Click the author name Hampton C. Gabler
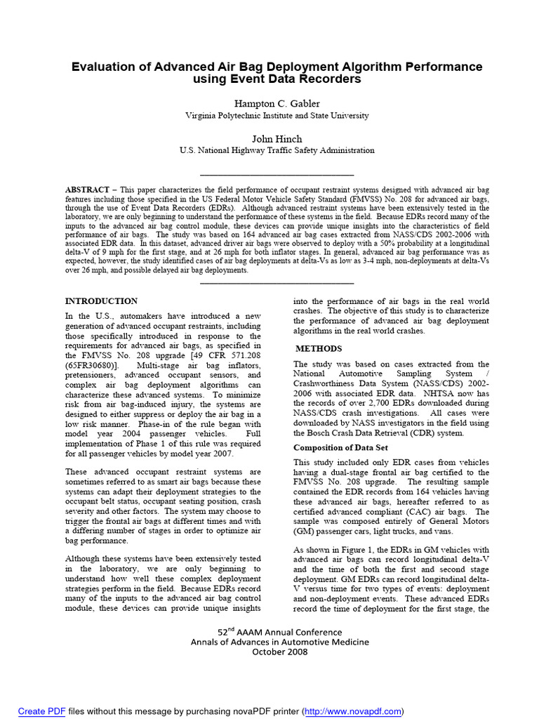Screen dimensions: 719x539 coord(277,104)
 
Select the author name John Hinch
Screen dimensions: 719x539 coord(277,138)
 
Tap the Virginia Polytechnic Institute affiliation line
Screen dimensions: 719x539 coord(277,116)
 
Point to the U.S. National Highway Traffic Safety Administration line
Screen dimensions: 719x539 coord(277,150)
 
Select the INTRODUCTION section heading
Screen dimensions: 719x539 coord(101,301)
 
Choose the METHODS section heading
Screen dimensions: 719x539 coord(319,348)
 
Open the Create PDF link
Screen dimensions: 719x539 coord(41,711)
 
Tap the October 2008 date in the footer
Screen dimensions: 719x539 coord(279,651)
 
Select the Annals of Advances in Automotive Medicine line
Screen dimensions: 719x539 coord(279,641)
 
